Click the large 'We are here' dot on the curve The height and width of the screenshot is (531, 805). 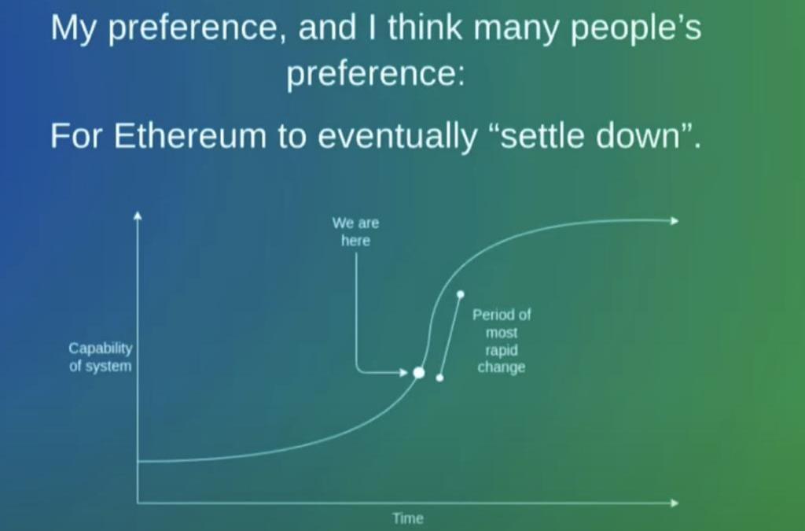419,373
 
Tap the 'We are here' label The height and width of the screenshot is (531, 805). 355,231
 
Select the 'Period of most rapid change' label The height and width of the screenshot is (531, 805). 502,341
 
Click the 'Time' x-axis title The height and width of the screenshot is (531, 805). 408,518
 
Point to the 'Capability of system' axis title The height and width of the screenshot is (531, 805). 101,357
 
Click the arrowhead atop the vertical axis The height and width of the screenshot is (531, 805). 137,216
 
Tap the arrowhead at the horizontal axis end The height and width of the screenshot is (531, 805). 674,503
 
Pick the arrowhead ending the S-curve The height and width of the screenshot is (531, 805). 674,221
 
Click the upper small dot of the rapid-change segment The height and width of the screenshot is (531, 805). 461,294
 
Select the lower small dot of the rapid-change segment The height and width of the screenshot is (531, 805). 439,378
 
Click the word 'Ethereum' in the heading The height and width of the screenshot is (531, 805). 190,136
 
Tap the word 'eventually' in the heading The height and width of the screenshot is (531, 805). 397,137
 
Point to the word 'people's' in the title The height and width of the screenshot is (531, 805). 636,29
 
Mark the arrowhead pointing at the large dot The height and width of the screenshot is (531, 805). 403,372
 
